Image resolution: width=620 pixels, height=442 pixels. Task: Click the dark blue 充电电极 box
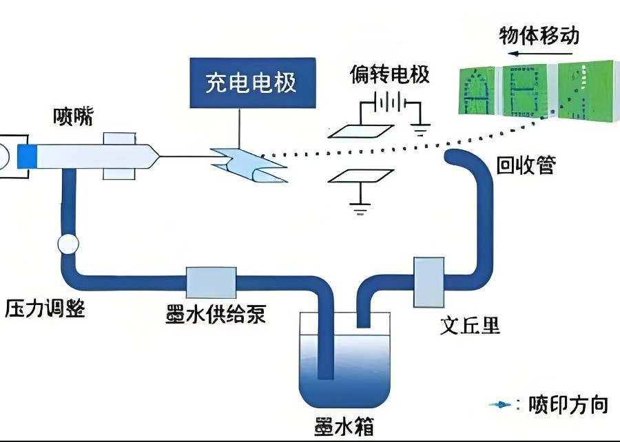tap(251, 83)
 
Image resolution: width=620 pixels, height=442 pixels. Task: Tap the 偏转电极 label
tap(389, 73)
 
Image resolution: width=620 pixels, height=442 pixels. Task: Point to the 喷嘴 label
tap(73, 118)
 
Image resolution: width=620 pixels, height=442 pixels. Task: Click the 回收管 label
tap(525, 165)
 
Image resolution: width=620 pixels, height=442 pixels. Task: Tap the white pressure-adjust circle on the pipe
tap(68, 244)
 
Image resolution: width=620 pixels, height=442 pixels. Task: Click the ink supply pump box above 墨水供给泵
tap(211, 283)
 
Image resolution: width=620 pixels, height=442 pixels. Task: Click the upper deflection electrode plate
tap(360, 131)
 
